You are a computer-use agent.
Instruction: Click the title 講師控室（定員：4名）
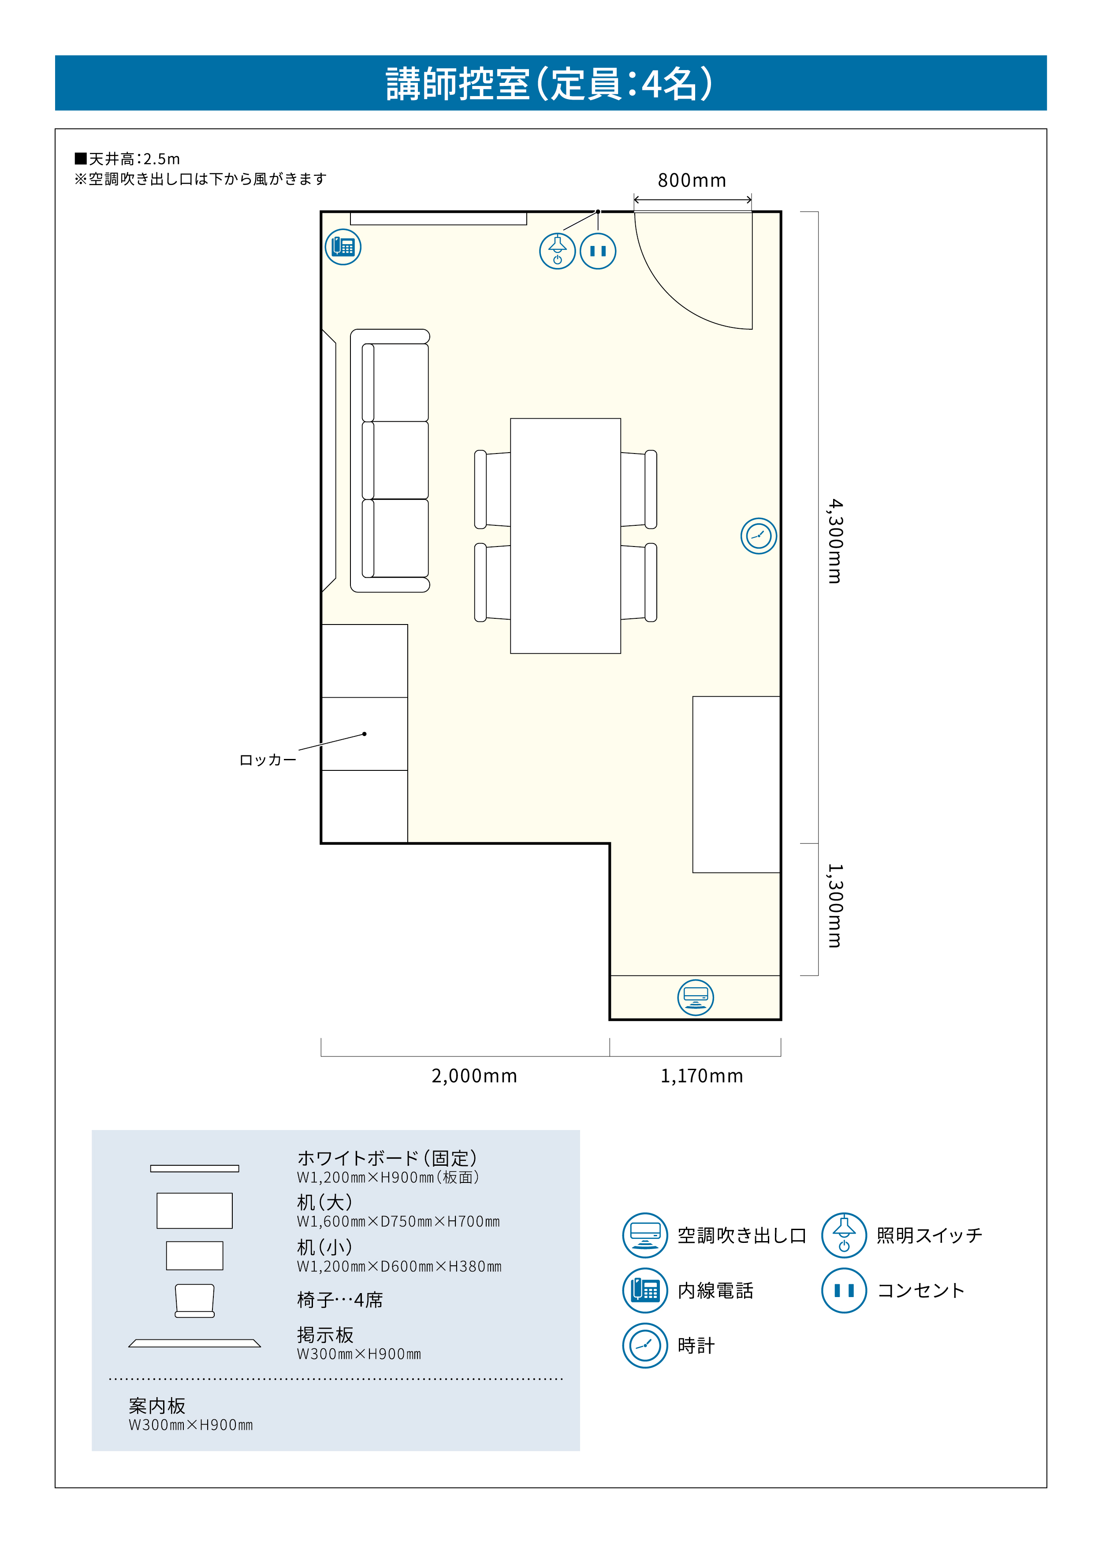click(x=550, y=84)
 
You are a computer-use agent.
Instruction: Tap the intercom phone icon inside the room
click(x=343, y=247)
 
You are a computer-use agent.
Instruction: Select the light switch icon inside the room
click(x=558, y=251)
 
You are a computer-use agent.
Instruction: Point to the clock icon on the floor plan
click(x=759, y=536)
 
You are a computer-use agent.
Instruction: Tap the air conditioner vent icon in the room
click(x=696, y=997)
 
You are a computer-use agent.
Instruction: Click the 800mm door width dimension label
click(x=692, y=181)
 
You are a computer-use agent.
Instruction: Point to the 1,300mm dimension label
click(x=835, y=905)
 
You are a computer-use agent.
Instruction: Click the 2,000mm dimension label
click(x=474, y=1075)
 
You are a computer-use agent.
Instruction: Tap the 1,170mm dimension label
click(x=702, y=1075)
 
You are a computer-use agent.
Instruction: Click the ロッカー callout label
click(x=268, y=760)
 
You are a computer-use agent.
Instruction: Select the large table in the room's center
click(x=565, y=536)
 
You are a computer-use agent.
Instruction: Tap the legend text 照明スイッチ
click(x=929, y=1235)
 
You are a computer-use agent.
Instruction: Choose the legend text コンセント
click(x=921, y=1290)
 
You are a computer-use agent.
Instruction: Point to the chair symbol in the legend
click(x=195, y=1301)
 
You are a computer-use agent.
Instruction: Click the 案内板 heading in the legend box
click(x=157, y=1405)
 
